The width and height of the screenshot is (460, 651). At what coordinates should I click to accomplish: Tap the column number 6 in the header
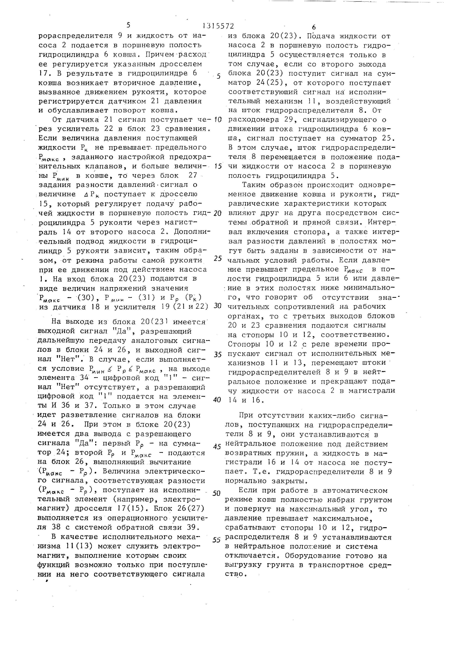pyautogui.click(x=313, y=27)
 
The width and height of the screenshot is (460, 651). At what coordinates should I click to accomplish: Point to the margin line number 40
pyautogui.click(x=217, y=400)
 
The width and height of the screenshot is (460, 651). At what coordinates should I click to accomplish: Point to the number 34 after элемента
pyautogui.click(x=84, y=378)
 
